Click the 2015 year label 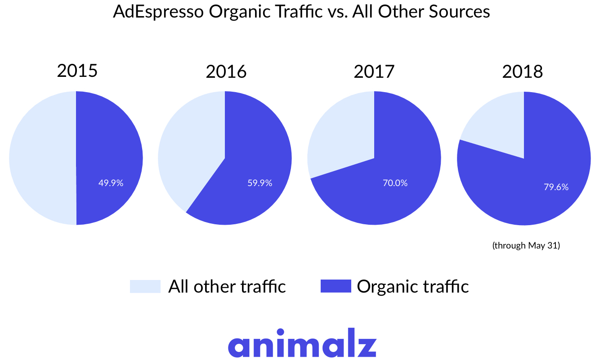pos(77,71)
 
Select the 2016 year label pos(226,71)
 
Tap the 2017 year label pos(374,71)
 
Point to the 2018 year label pos(523,71)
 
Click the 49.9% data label pos(111,183)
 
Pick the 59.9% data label pos(259,183)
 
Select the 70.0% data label pos(395,183)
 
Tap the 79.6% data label pos(556,187)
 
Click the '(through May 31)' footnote pos(526,246)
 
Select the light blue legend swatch pos(145,286)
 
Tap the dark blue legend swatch pos(336,286)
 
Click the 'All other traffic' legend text pos(227,286)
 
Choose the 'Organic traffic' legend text pos(412,286)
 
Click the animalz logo pos(302,343)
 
